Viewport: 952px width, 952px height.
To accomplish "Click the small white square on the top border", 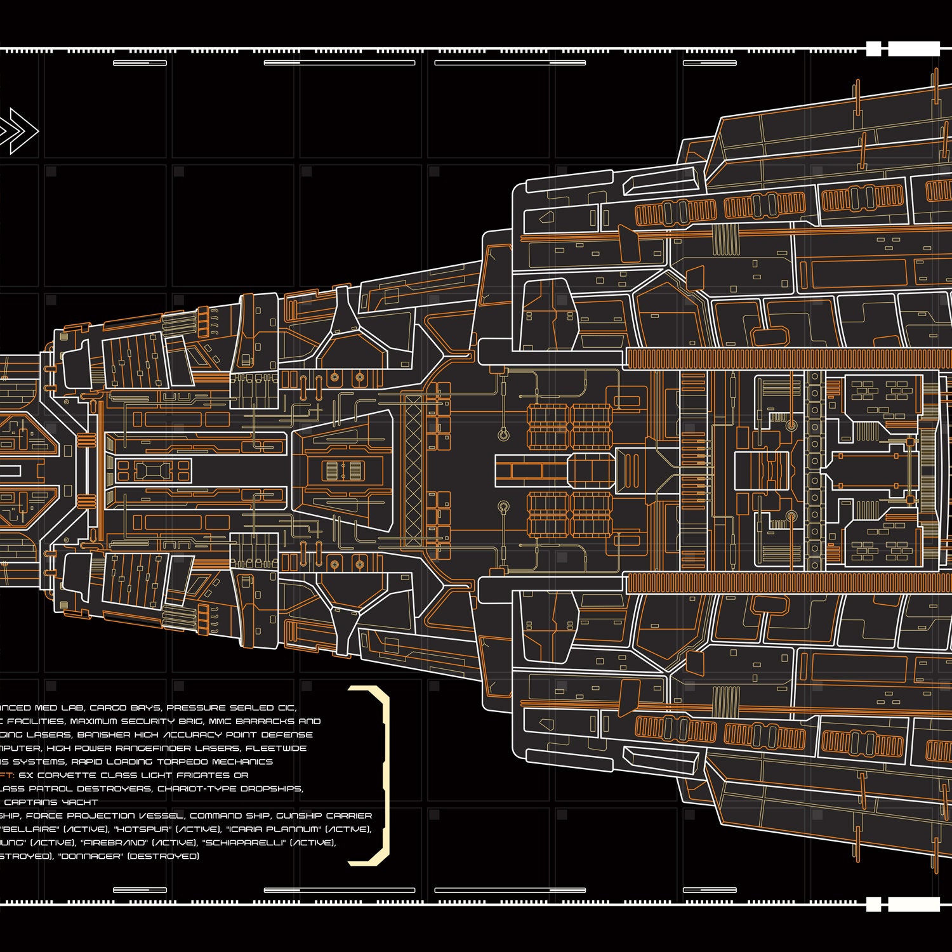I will click(x=873, y=49).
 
